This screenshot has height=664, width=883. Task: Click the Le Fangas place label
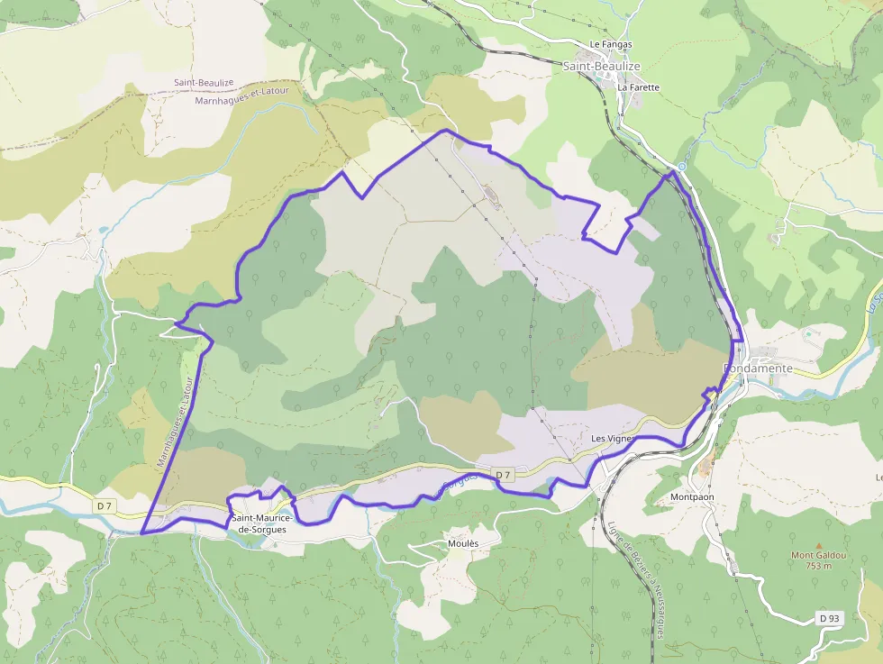611,44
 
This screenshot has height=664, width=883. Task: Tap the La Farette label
639,87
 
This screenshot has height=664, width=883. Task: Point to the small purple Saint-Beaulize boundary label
204,83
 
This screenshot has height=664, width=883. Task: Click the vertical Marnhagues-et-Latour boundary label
176,423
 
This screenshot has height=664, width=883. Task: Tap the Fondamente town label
758,368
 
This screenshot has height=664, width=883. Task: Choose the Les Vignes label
613,438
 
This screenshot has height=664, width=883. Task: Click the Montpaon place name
692,497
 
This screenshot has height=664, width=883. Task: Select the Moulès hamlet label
463,544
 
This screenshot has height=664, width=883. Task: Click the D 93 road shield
829,618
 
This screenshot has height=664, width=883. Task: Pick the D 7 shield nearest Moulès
503,475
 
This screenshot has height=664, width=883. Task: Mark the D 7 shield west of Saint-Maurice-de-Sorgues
105,505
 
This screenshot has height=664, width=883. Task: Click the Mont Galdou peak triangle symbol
819,545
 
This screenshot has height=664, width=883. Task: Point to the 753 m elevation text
819,567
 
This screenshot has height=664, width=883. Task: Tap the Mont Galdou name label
819,556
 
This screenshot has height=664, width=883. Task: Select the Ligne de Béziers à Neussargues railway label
635,581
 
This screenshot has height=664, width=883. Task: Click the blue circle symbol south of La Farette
682,167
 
